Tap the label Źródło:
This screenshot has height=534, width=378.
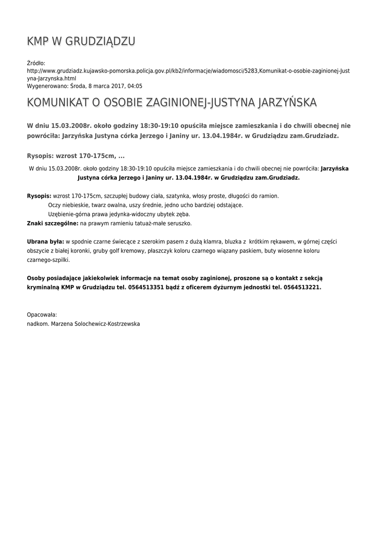click(36, 63)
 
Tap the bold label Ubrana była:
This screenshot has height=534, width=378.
click(45, 241)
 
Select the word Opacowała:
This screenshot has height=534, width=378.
click(42, 314)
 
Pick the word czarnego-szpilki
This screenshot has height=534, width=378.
click(48, 260)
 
